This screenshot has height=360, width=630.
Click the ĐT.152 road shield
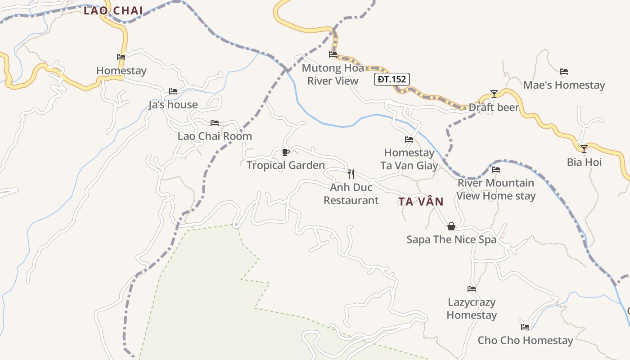(x=391, y=80)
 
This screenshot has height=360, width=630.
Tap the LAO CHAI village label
(x=113, y=11)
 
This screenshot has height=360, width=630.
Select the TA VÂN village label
(x=421, y=202)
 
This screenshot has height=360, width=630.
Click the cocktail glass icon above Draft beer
(x=494, y=94)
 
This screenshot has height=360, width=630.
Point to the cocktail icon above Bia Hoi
(x=584, y=148)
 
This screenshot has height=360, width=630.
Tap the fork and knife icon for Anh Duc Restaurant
(x=351, y=174)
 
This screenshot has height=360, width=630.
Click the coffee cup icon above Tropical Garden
(x=285, y=152)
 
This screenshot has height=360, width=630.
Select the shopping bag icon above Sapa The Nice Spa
(x=451, y=226)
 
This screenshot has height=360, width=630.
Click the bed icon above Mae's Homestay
(x=564, y=72)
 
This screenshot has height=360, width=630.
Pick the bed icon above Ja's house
(x=173, y=91)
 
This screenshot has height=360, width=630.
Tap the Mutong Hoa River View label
(x=333, y=75)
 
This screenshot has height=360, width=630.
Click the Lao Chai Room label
(x=215, y=136)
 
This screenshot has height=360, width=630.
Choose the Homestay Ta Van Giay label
(x=409, y=159)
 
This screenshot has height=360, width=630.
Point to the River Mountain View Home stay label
(x=496, y=189)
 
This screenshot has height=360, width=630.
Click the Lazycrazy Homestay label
(x=472, y=309)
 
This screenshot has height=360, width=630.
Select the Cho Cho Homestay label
(x=525, y=340)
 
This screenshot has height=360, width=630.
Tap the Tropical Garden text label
(x=285, y=165)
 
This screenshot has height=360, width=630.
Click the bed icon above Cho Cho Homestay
(x=525, y=327)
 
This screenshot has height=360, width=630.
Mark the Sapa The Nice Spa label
(x=451, y=239)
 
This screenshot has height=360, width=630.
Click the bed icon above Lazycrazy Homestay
(x=472, y=289)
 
